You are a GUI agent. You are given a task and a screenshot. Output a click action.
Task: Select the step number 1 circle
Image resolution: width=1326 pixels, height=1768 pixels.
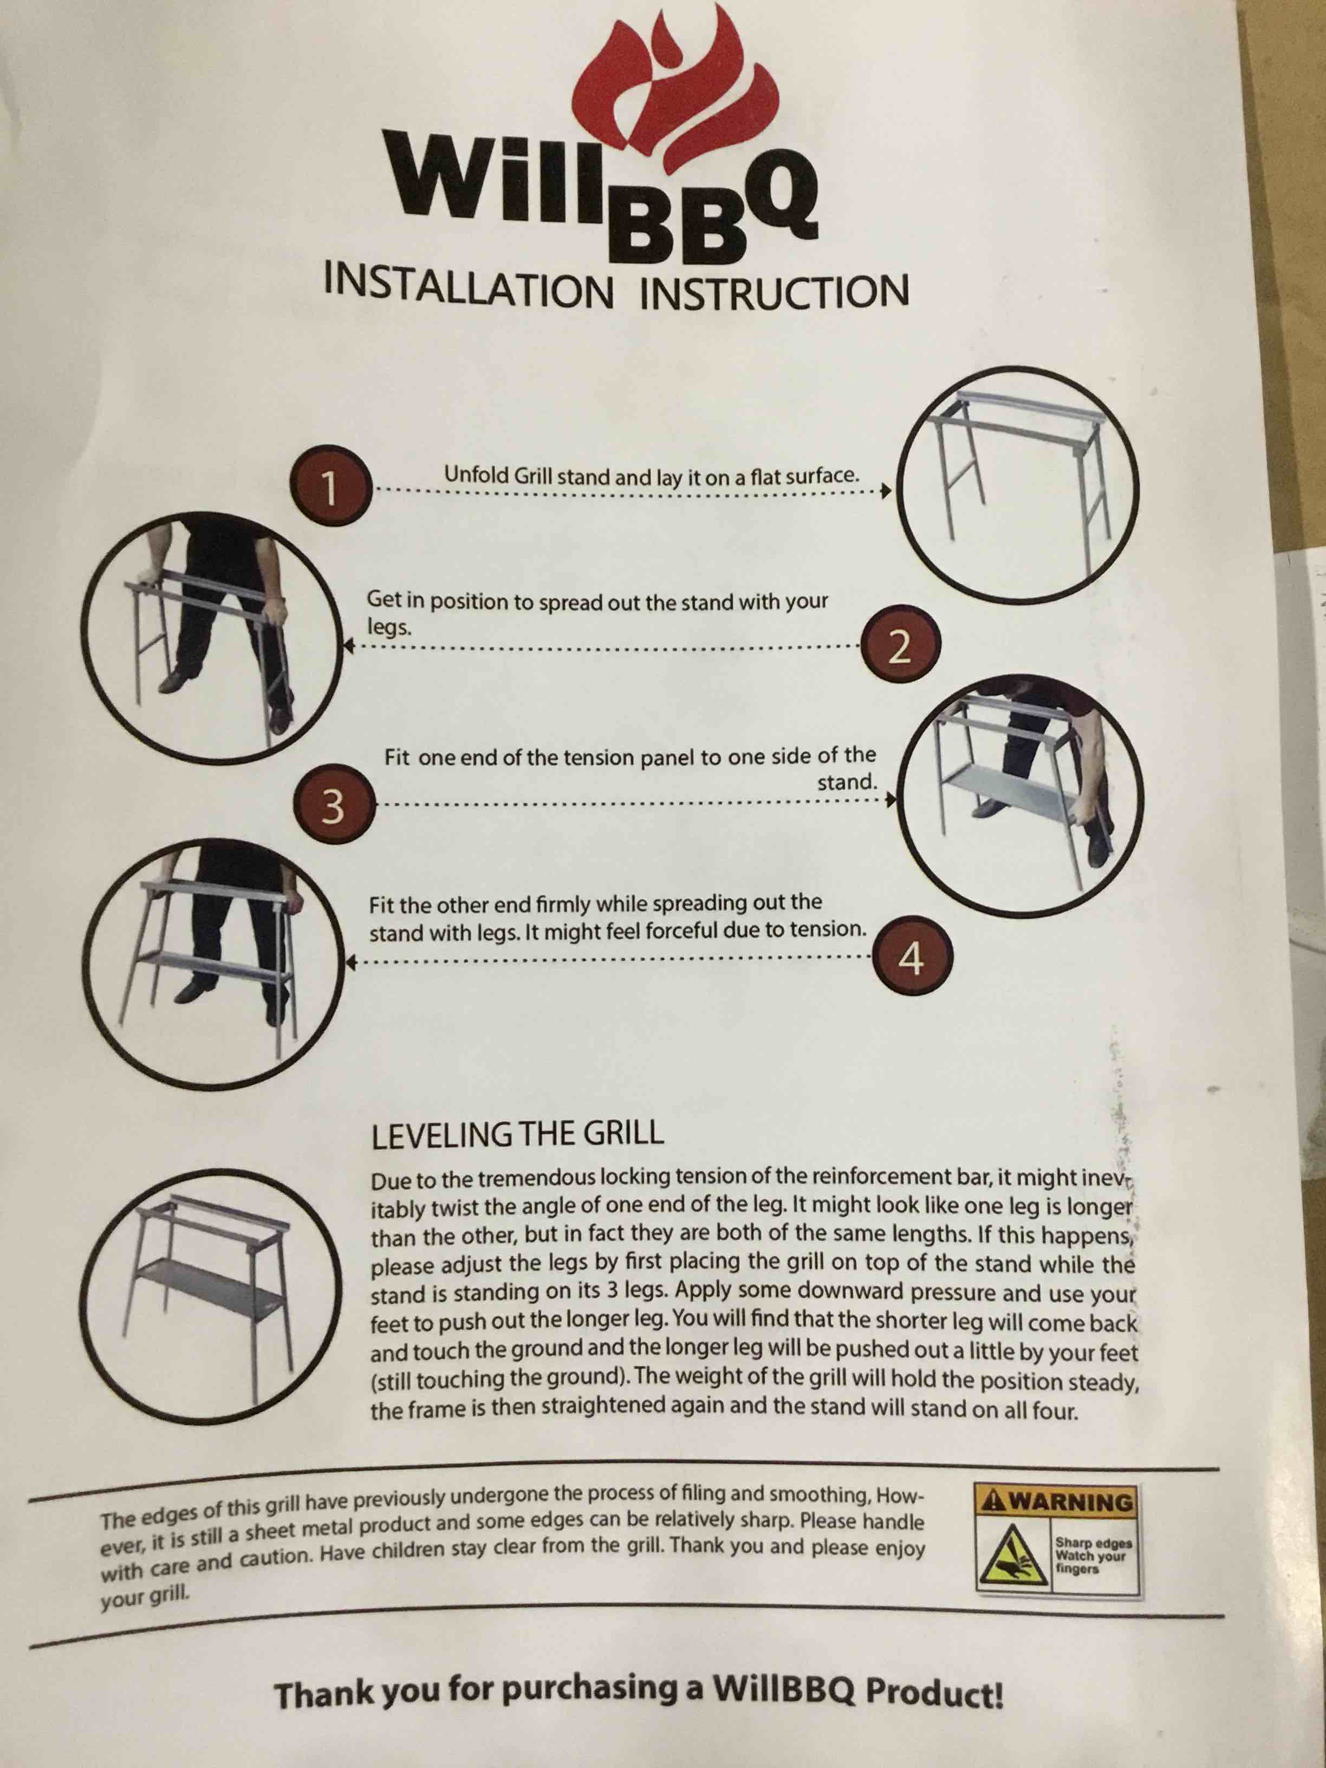tap(329, 486)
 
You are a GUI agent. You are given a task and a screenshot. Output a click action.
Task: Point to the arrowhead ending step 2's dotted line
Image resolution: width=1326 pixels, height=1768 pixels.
tap(348, 645)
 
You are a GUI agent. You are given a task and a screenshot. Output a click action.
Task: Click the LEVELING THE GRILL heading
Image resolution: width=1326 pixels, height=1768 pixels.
tap(517, 1134)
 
